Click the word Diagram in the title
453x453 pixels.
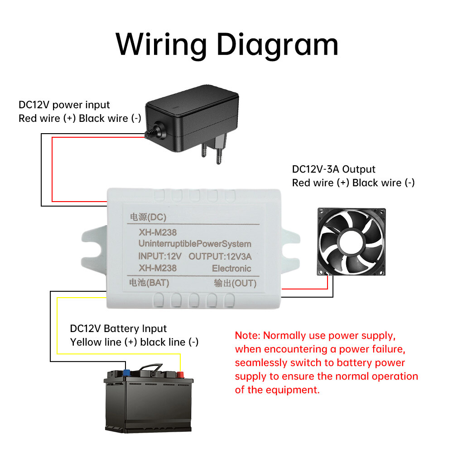(x=277, y=45)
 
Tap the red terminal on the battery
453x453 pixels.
(x=181, y=375)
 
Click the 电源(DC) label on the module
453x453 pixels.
(x=149, y=217)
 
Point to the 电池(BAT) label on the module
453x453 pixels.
(x=149, y=283)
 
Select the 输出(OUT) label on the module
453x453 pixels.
(x=236, y=284)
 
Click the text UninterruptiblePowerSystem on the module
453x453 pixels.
(x=194, y=244)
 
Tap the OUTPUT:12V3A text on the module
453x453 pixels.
(x=220, y=256)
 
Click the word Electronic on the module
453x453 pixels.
(x=231, y=268)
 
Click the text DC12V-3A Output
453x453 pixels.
(x=334, y=169)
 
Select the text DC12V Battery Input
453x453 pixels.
(x=118, y=328)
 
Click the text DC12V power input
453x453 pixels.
(x=64, y=105)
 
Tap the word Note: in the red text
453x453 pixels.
(x=247, y=336)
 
